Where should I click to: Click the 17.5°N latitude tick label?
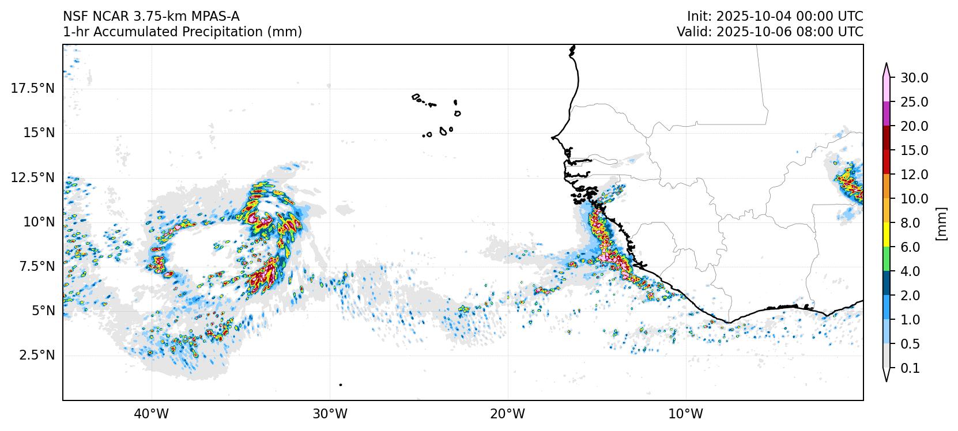tap(33, 88)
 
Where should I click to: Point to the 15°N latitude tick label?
tap(38, 133)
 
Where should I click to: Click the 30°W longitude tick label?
tap(330, 414)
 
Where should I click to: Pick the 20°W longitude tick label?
tap(508, 414)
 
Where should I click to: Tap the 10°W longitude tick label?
tap(687, 414)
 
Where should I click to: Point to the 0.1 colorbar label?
tap(910, 368)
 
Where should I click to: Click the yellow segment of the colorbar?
tap(887, 235)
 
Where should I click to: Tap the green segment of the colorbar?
tap(887, 259)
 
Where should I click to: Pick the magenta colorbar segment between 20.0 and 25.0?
tap(887, 114)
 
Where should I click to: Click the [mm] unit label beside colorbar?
tap(942, 223)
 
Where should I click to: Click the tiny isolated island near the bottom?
tap(341, 385)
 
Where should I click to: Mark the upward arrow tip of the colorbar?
tap(887, 65)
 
